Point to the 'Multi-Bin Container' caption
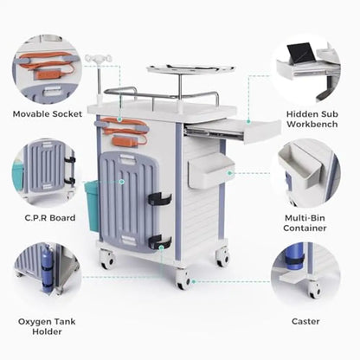point(305,222)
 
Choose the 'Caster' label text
point(305,321)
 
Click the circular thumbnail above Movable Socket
point(47,69)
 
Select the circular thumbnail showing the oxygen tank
point(47,275)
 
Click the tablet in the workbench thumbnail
point(299,54)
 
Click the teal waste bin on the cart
point(92,205)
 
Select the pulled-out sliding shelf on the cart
point(232,130)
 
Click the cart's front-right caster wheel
point(183,279)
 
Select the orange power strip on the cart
point(128,138)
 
